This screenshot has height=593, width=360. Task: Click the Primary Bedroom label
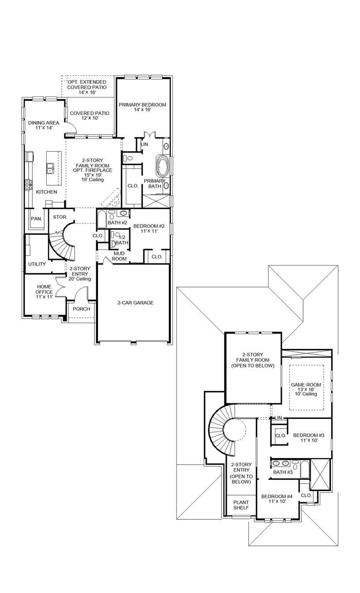(142, 107)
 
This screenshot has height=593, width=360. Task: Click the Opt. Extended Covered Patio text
(86, 87)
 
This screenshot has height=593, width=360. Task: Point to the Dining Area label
(43, 125)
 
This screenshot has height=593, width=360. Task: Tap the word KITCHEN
(46, 192)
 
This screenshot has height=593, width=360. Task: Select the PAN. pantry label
(36, 219)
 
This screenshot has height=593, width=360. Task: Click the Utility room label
(37, 264)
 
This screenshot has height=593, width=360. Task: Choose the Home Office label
(44, 292)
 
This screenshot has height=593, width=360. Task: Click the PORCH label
(81, 309)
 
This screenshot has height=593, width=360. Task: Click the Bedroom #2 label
(149, 229)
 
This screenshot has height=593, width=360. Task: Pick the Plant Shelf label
(241, 505)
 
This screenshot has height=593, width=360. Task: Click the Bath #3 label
(283, 472)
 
